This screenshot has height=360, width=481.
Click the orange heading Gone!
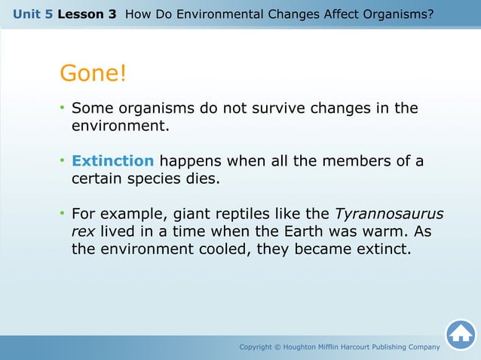click(x=93, y=74)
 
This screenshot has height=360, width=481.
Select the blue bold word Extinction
click(x=112, y=161)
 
